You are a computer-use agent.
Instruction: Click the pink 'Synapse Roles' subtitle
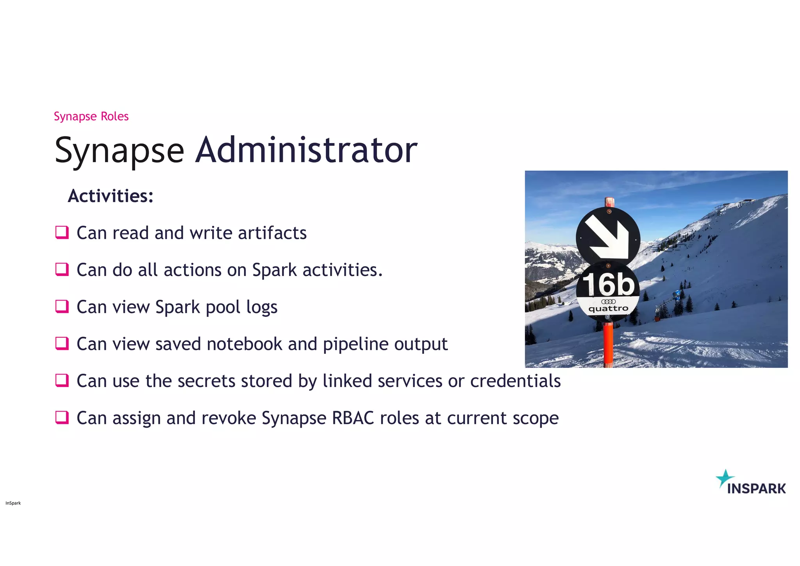(x=91, y=116)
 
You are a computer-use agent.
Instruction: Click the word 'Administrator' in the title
(x=306, y=150)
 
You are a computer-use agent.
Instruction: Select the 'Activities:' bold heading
(x=111, y=196)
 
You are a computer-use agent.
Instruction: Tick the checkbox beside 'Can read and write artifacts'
(x=62, y=232)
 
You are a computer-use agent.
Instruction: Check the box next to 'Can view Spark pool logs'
(x=62, y=306)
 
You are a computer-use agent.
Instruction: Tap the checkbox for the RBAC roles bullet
(x=62, y=417)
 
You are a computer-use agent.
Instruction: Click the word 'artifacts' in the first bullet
(x=272, y=233)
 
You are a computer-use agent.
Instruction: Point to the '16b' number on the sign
(x=609, y=285)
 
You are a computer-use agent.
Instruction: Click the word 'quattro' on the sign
(x=608, y=309)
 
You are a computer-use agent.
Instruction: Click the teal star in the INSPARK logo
(x=725, y=478)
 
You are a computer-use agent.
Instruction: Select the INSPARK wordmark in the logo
(x=756, y=489)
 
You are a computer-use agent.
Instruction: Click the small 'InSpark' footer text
(x=13, y=503)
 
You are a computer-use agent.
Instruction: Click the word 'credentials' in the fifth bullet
(x=515, y=381)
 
